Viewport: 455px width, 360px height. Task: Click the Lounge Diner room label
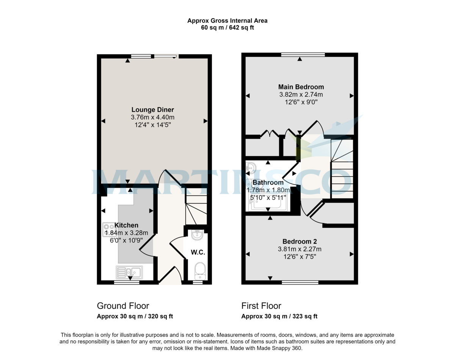tap(153, 110)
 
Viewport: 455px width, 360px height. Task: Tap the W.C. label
tap(198, 252)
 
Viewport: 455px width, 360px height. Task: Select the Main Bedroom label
tap(301, 87)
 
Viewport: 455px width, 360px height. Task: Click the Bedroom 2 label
tap(300, 241)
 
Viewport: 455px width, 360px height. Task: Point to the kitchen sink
tap(129, 271)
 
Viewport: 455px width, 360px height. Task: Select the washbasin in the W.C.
tap(197, 235)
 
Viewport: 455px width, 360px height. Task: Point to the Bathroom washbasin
tap(251, 168)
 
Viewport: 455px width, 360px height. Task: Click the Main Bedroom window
tap(303, 55)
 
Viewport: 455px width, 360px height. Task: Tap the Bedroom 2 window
tap(300, 282)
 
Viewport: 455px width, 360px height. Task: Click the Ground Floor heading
tap(123, 306)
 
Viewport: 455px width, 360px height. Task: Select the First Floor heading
tap(261, 306)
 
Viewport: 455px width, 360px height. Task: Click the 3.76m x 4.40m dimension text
tap(153, 117)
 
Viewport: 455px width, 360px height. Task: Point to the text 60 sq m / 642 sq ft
tap(227, 28)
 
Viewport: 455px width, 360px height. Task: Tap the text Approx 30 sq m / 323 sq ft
tap(279, 316)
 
